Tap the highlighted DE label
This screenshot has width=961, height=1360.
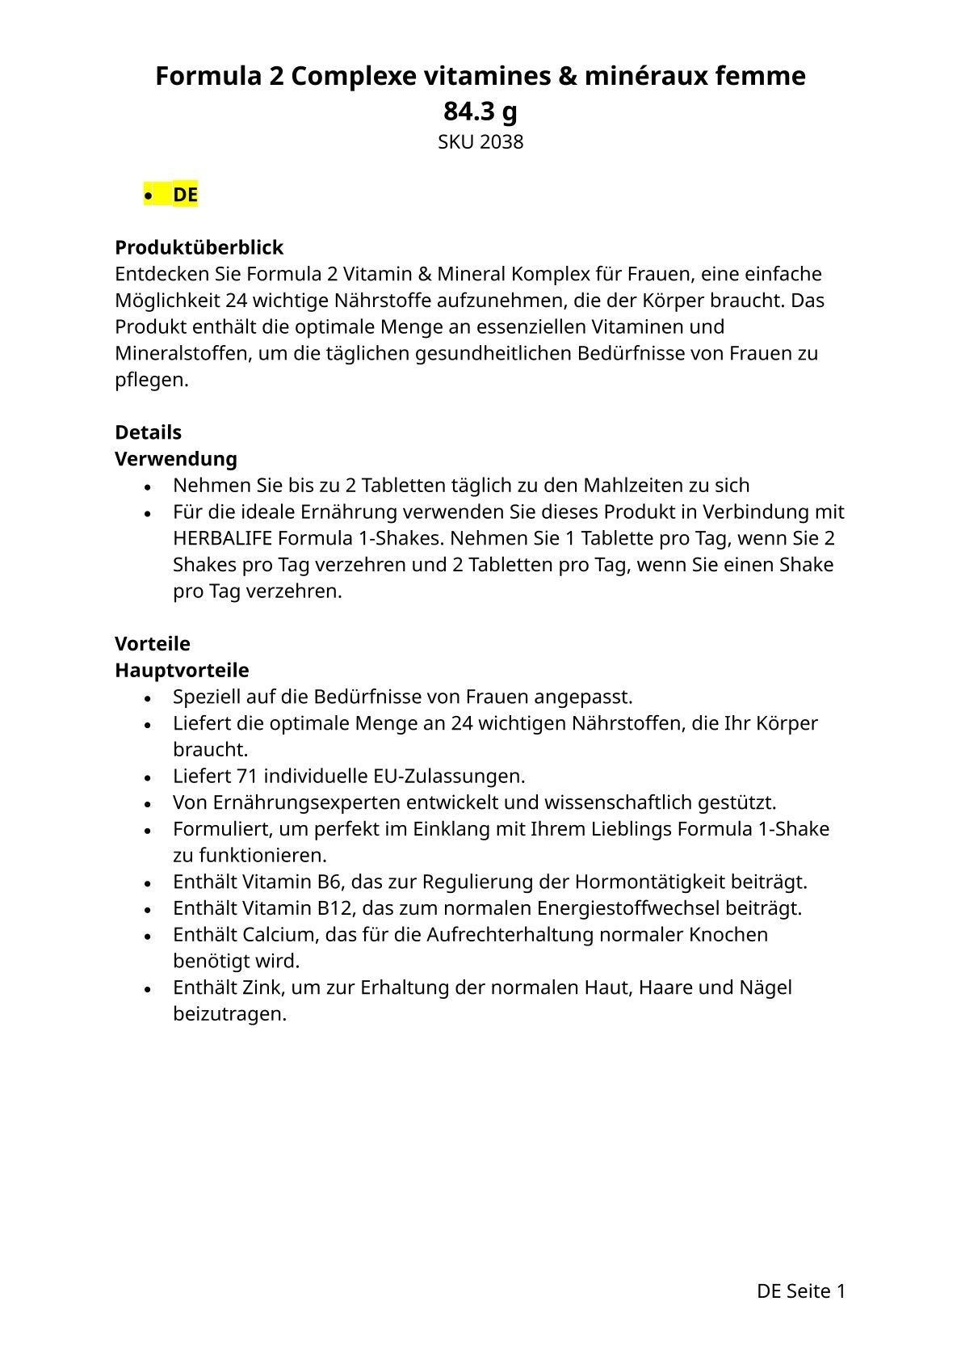point(185,195)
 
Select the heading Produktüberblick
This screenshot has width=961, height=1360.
point(199,247)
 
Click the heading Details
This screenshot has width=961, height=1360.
point(148,432)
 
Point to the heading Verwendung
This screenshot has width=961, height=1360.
point(176,459)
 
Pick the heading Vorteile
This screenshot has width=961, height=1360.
point(153,644)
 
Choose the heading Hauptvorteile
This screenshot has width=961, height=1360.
point(182,671)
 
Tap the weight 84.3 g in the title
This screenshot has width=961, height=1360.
point(480,111)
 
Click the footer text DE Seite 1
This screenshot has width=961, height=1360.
point(800,1291)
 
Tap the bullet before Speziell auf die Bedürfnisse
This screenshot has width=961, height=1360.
point(148,698)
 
